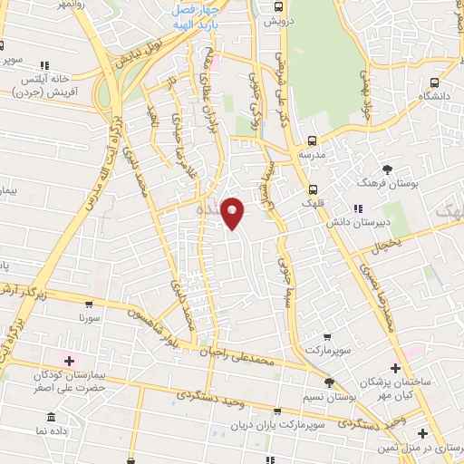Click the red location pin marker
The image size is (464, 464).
[x=233, y=213]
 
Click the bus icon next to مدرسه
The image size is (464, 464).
[x=313, y=140]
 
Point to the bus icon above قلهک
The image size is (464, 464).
[x=313, y=190]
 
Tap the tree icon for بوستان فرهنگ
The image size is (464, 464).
[x=388, y=170]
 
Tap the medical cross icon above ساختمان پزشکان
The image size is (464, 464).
[x=394, y=368]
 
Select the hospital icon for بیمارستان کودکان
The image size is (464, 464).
[x=69, y=361]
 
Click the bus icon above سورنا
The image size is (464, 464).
[x=88, y=304]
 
